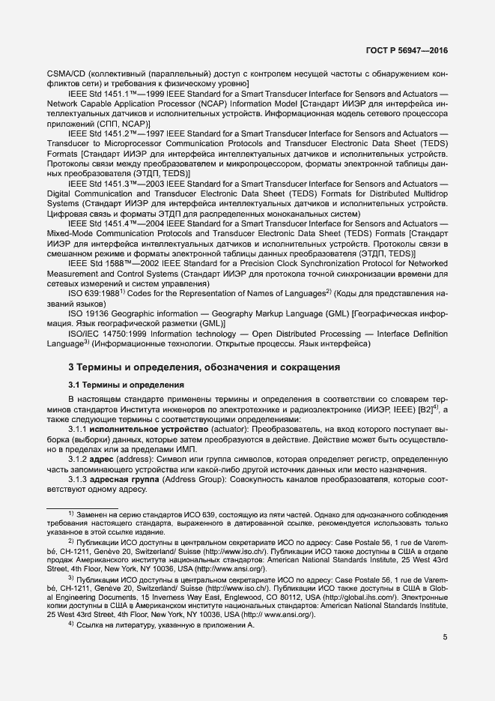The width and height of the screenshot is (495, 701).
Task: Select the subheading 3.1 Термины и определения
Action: pyautogui.click(x=126, y=385)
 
